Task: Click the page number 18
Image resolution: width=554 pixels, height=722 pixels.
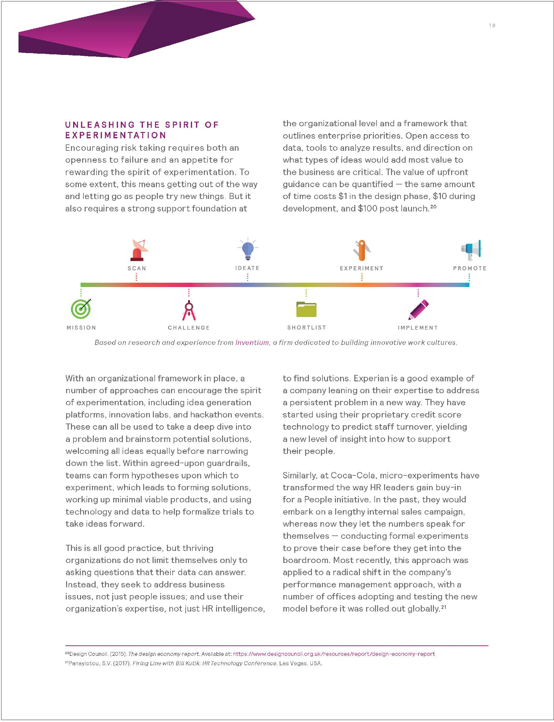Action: [492, 26]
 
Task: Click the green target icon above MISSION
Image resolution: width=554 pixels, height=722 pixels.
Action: [81, 309]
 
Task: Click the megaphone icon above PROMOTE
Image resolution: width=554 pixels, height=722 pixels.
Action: [471, 250]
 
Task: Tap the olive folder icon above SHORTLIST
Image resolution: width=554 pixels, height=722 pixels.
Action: [306, 309]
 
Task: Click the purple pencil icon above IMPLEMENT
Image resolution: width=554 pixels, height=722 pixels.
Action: [418, 309]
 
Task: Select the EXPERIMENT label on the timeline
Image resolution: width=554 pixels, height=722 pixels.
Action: [361, 268]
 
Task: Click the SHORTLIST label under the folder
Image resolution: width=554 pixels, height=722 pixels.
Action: [306, 327]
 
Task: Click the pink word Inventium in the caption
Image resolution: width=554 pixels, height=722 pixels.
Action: [252, 342]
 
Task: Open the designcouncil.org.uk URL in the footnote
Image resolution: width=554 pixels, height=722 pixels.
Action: [334, 654]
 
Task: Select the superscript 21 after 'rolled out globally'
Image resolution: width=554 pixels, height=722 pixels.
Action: [444, 607]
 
